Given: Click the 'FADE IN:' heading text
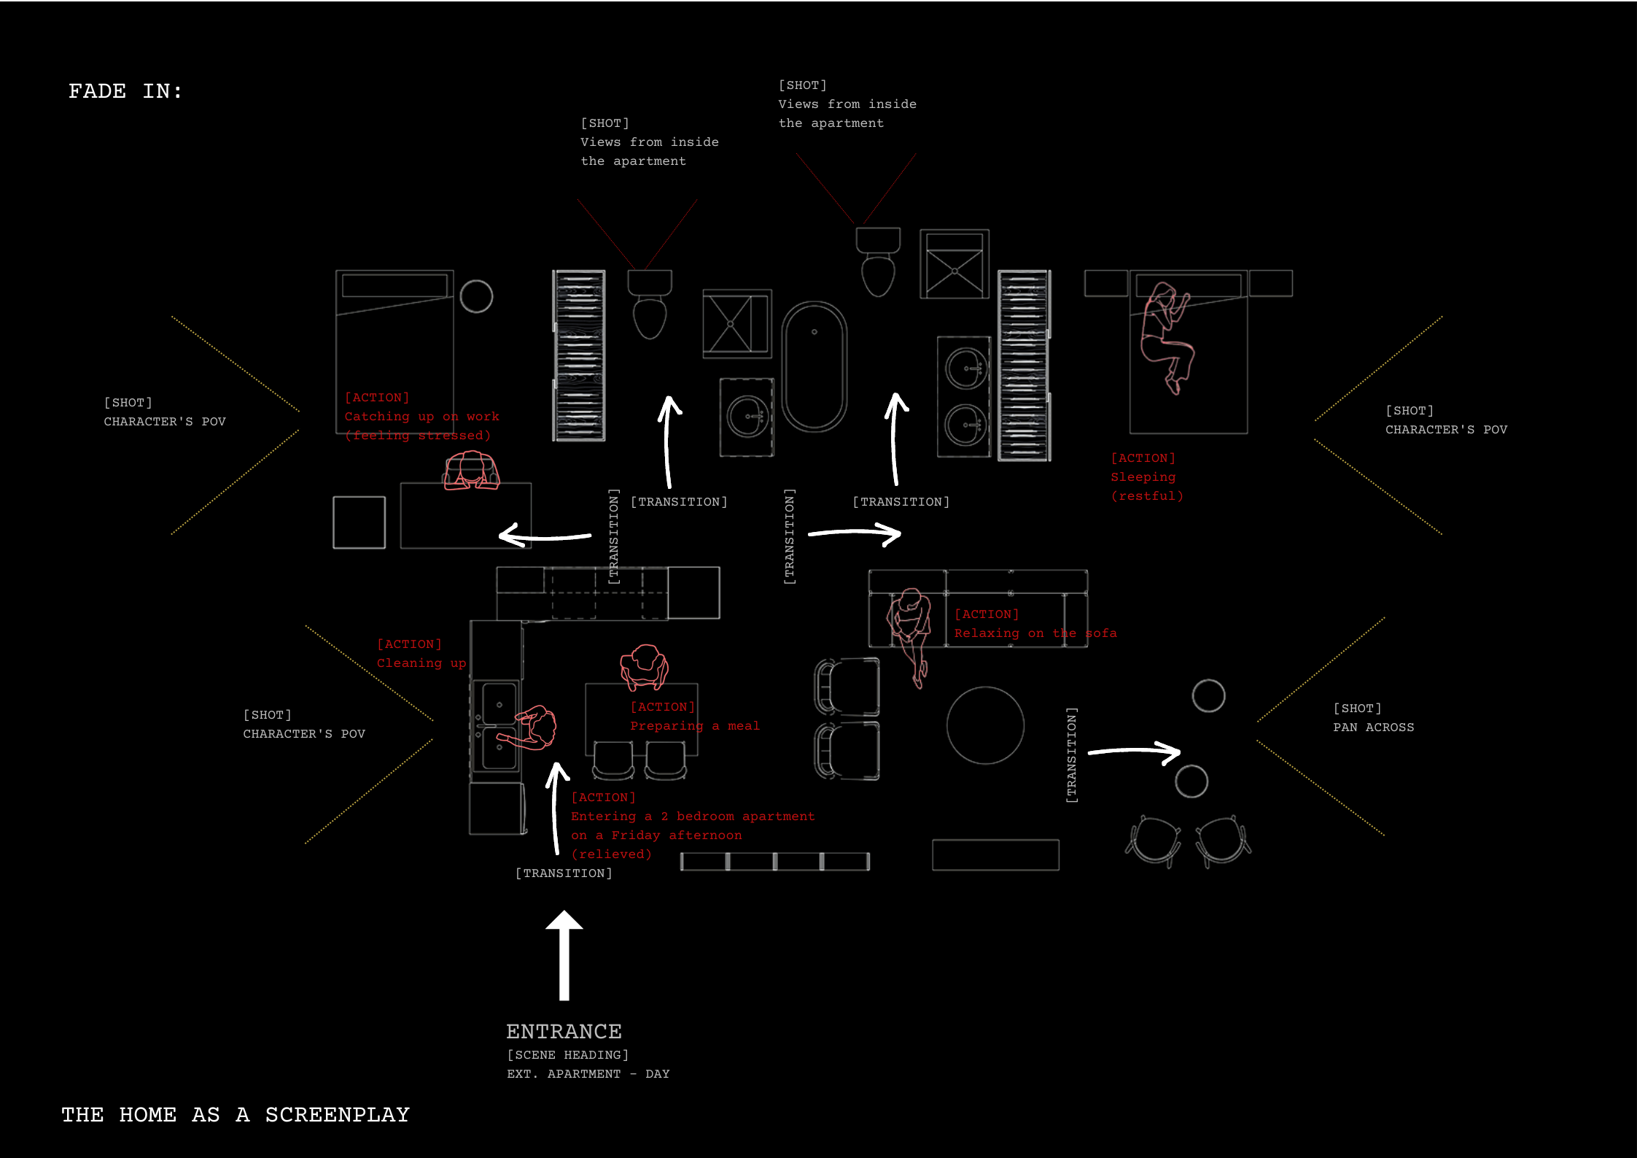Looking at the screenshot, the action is click(x=125, y=91).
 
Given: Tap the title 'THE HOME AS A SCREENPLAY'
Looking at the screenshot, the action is click(x=235, y=1114).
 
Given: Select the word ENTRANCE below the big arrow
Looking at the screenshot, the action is click(x=564, y=1031).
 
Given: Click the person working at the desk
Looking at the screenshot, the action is click(x=472, y=470).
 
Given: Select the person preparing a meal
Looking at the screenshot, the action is click(x=644, y=667).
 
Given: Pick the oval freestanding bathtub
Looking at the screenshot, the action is click(x=814, y=366).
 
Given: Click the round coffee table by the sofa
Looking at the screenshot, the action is click(x=985, y=725).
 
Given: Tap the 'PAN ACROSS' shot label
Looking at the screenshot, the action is click(x=1373, y=727).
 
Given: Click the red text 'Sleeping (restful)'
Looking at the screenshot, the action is click(x=1146, y=486).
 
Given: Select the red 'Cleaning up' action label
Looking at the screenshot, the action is click(x=421, y=663).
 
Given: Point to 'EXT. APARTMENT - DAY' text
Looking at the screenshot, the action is click(x=588, y=1073).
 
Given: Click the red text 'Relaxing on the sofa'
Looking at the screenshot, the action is click(x=1035, y=633).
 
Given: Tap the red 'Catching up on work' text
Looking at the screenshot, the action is click(x=421, y=417).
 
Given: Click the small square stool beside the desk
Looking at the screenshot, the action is click(x=359, y=522).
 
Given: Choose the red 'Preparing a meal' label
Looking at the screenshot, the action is click(x=694, y=725).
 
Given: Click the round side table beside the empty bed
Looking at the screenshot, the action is click(x=476, y=296).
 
